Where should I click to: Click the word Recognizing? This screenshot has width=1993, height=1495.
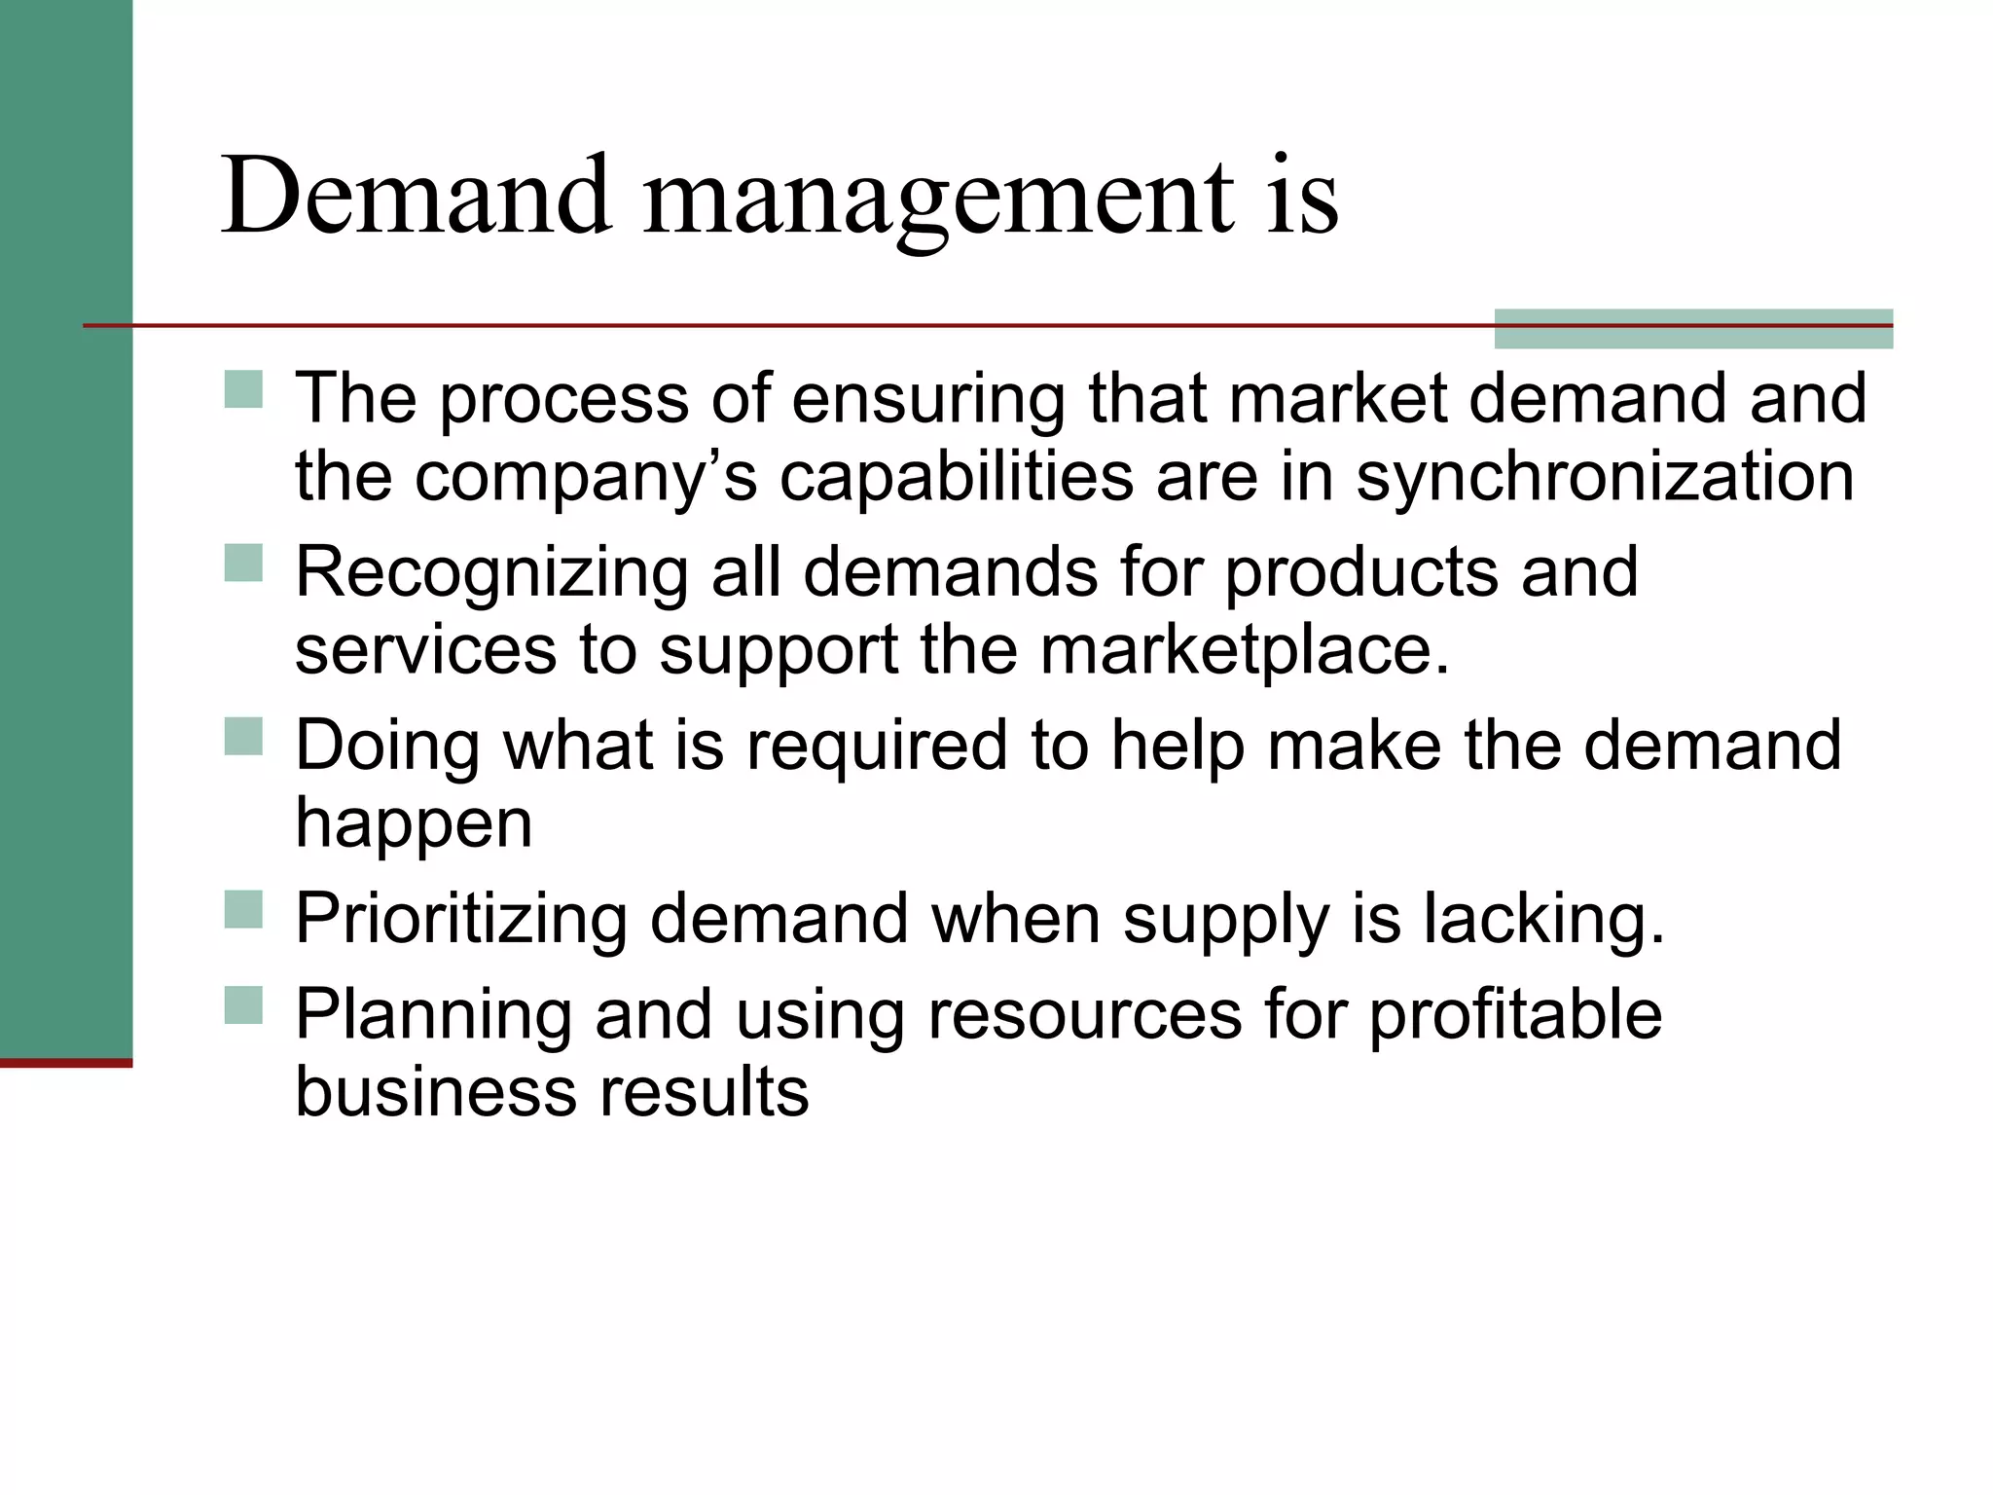[x=491, y=574]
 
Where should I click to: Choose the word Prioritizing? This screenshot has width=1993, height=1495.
[x=461, y=920]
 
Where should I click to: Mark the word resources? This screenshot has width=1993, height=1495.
[x=1085, y=1014]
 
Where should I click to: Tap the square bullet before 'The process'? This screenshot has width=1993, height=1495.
[x=243, y=389]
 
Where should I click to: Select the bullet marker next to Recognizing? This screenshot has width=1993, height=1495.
[x=243, y=563]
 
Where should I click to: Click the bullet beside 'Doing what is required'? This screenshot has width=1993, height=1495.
[x=243, y=736]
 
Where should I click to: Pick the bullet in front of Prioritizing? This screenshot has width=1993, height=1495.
[x=243, y=909]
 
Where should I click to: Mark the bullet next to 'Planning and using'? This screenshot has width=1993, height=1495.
[x=243, y=1005]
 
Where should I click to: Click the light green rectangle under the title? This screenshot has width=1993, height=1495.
[x=1693, y=329]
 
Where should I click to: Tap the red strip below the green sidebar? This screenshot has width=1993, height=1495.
[x=66, y=1063]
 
